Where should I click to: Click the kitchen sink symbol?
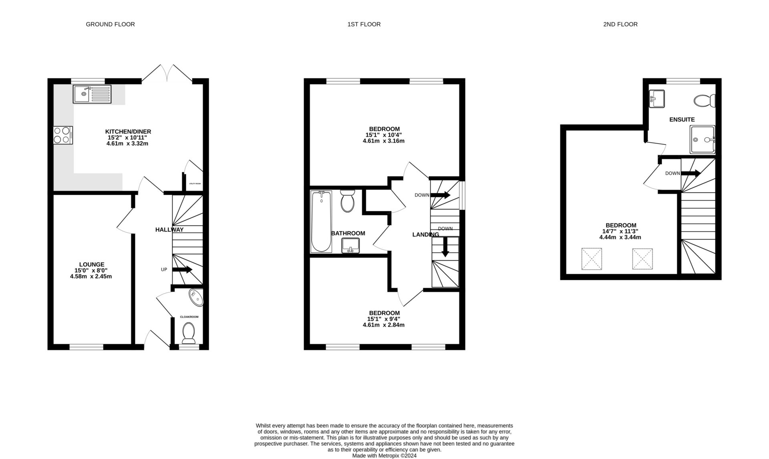click(92, 94)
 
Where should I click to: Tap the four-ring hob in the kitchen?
click(63, 135)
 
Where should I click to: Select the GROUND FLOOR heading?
click(110, 24)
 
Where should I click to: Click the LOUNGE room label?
click(92, 264)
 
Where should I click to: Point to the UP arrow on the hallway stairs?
click(182, 270)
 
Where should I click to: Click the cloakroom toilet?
click(188, 333)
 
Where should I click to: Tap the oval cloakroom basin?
click(196, 298)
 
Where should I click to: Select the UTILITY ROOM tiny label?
click(195, 184)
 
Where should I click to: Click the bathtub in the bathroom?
click(321, 221)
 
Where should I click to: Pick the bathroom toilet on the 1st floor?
click(347, 201)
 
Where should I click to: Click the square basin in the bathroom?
click(350, 245)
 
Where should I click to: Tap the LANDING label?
click(425, 235)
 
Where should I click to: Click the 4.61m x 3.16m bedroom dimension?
click(383, 141)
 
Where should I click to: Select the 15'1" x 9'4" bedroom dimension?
click(384, 319)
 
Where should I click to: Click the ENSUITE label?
click(682, 119)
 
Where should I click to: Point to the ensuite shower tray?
click(702, 139)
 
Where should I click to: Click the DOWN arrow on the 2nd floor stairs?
click(690, 173)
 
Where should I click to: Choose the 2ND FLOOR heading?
click(620, 24)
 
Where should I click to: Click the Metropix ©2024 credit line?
click(384, 456)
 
